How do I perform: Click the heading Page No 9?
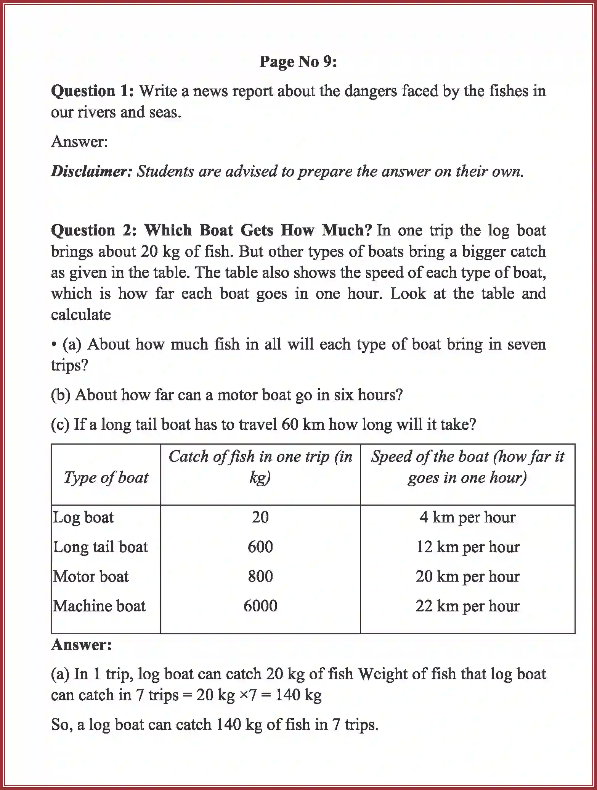point(298,62)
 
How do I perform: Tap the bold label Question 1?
point(92,91)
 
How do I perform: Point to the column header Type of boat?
point(106,477)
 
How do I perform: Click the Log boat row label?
point(83,518)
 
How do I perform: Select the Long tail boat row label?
point(100,547)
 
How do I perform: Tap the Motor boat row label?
point(91,576)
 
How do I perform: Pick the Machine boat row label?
point(99,606)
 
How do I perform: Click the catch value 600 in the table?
point(260,547)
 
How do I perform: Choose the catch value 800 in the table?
point(260,576)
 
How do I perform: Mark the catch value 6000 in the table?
point(260,606)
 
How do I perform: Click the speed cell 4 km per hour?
point(467,518)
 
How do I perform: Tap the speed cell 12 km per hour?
point(467,547)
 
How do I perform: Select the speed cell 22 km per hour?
point(467,606)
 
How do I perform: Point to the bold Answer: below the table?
point(82,645)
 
